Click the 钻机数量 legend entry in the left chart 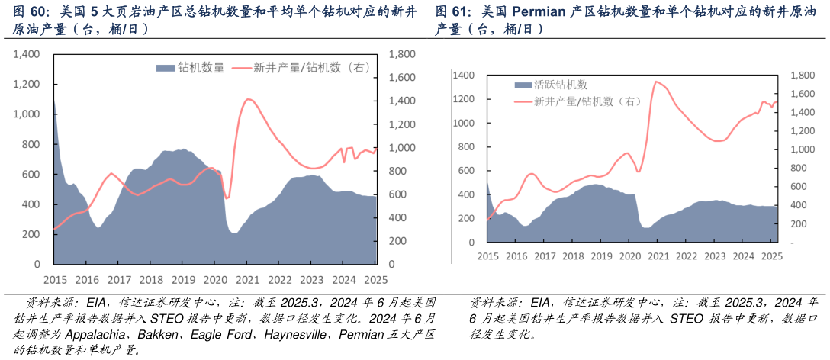191,68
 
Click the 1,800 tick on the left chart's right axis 402,55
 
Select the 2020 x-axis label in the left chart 214,280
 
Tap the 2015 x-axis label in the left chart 54,280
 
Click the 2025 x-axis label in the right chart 770,256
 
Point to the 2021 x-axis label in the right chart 657,256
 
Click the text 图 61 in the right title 452,12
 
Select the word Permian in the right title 542,12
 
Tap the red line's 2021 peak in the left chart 248,99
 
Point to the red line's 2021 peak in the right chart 656,82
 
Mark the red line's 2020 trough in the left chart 227,198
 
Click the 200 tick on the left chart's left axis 31,234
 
